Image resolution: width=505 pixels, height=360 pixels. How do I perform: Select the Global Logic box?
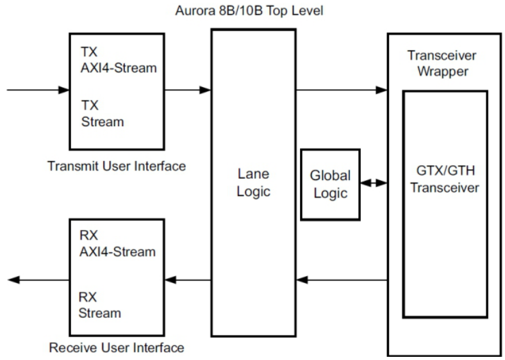click(x=330, y=184)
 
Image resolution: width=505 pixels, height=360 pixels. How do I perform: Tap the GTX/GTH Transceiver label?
click(x=445, y=180)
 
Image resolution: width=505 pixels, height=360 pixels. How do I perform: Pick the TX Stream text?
click(x=103, y=113)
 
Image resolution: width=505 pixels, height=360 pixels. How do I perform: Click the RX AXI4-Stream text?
click(x=118, y=243)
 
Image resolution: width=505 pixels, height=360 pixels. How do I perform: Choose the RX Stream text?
click(x=100, y=305)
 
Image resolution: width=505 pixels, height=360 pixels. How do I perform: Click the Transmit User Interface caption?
click(x=117, y=167)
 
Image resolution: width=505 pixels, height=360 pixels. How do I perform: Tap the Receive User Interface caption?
click(x=117, y=348)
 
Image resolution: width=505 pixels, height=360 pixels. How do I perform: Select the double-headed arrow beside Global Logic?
click(x=374, y=183)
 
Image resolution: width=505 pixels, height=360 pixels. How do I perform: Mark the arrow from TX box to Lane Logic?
click(x=187, y=90)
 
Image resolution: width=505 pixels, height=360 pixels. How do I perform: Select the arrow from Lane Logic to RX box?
click(x=187, y=279)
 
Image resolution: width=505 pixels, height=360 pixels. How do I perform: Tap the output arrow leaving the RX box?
click(x=38, y=279)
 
